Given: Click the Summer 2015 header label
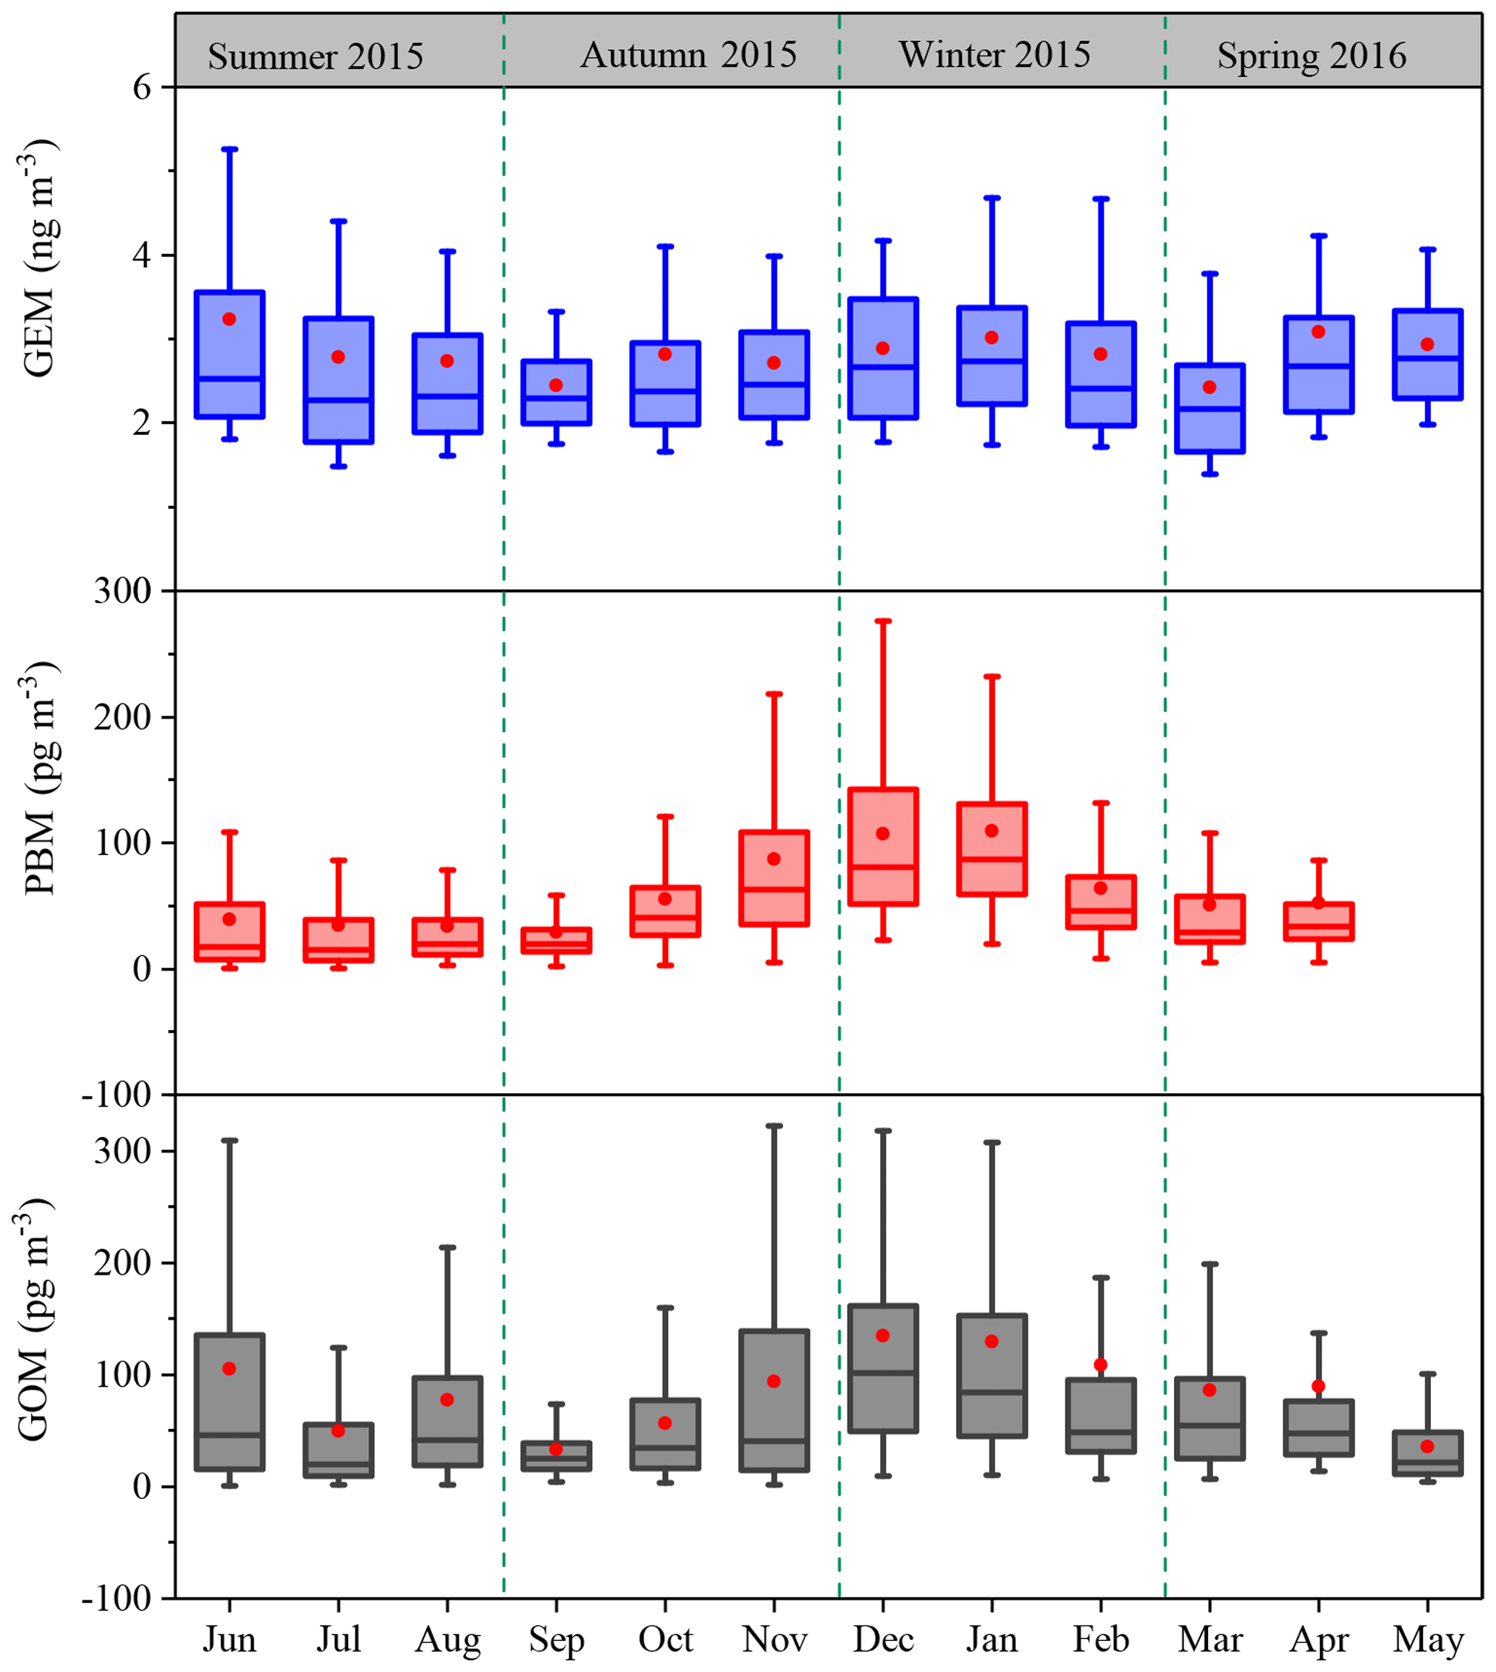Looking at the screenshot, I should click(315, 56).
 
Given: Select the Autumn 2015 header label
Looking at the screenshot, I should click(688, 55).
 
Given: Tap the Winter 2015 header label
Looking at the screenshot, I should click(994, 54).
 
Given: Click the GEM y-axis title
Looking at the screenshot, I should click(38, 259).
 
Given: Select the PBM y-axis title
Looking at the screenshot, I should click(38, 777).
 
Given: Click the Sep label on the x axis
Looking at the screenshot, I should click(557, 1639).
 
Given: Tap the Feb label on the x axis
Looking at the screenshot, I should click(1101, 1639).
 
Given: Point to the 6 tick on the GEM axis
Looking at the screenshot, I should click(142, 87).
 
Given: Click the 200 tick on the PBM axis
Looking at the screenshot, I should click(122, 717).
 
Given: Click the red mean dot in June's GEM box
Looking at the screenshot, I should click(229, 319).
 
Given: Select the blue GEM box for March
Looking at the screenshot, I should click(1209, 408).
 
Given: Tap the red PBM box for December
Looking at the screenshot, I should click(883, 847).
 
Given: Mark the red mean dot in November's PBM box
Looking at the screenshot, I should click(774, 859).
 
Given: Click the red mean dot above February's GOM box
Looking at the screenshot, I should click(1101, 1364).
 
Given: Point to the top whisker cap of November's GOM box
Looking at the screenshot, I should click(774, 1126).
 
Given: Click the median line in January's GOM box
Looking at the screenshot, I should click(992, 1392).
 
